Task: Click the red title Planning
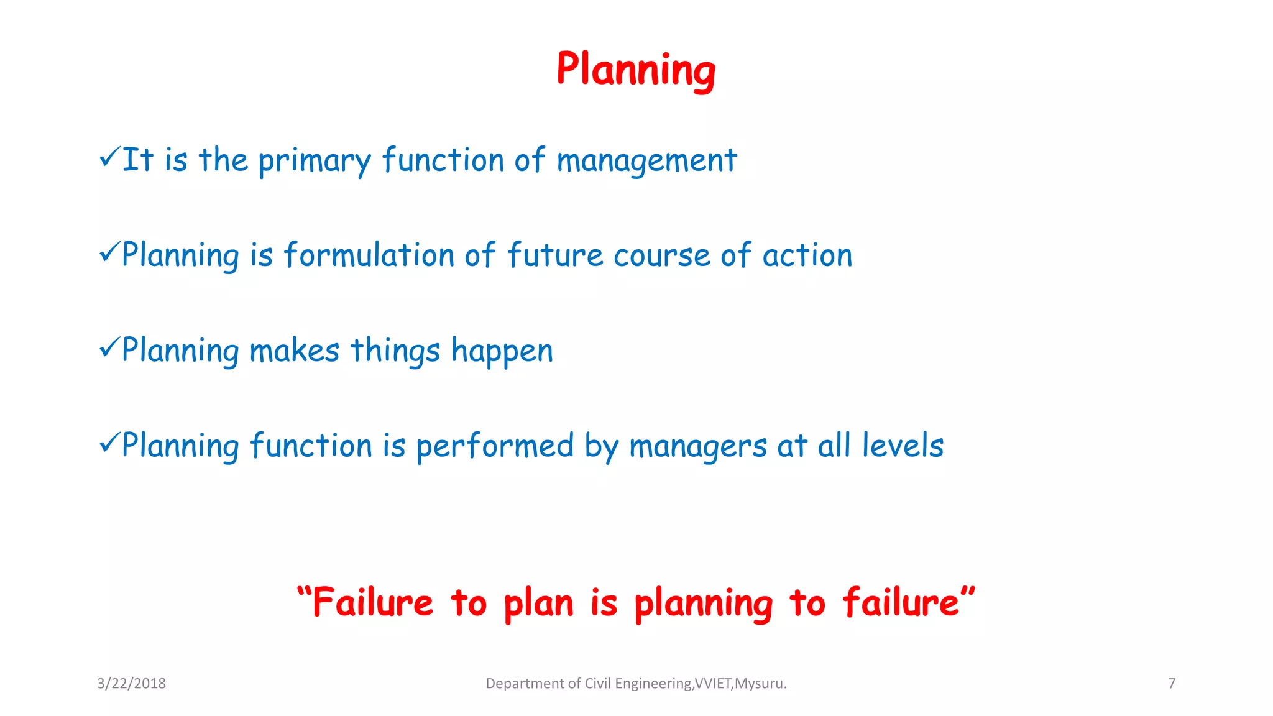[635, 69]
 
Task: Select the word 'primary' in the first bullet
[314, 161]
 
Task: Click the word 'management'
[646, 161]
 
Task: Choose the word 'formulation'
[369, 255]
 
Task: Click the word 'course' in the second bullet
[661, 256]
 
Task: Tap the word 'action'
[807, 255]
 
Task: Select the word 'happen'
[502, 352]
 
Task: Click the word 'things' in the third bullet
[395, 351]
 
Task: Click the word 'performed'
[495, 447]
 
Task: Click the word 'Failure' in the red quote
[372, 602]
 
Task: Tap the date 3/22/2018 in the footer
[131, 684]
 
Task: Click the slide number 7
[1171, 684]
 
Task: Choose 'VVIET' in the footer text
[713, 684]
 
